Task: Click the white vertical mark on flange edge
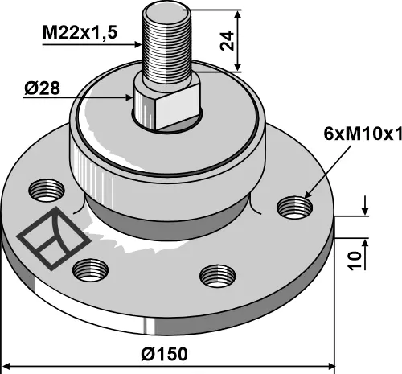pos(146,326)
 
